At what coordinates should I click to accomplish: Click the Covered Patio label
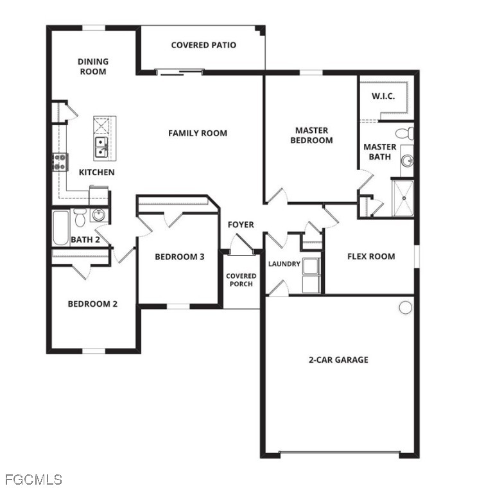point(203,45)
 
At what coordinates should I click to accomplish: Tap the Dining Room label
point(93,66)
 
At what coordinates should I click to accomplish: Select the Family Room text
point(198,133)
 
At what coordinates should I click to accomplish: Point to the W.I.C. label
point(383,96)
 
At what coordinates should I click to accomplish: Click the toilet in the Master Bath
point(404,134)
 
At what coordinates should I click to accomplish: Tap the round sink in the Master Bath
point(408,160)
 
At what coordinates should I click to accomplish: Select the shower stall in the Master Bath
point(402,198)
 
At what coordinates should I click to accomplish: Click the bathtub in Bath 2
point(61,228)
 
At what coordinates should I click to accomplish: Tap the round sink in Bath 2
point(98,215)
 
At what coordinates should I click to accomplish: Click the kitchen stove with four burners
point(60,162)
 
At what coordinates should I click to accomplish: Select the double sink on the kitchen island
point(101,147)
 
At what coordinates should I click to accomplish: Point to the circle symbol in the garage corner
point(405,307)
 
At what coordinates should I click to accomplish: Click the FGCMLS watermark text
point(33,480)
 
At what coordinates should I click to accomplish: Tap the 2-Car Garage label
point(338,360)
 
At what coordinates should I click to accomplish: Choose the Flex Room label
point(371,256)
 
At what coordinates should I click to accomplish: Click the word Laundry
point(284,264)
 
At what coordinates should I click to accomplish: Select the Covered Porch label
point(241,280)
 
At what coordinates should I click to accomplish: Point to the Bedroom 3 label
point(180,257)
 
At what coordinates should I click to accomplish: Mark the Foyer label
point(241,225)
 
